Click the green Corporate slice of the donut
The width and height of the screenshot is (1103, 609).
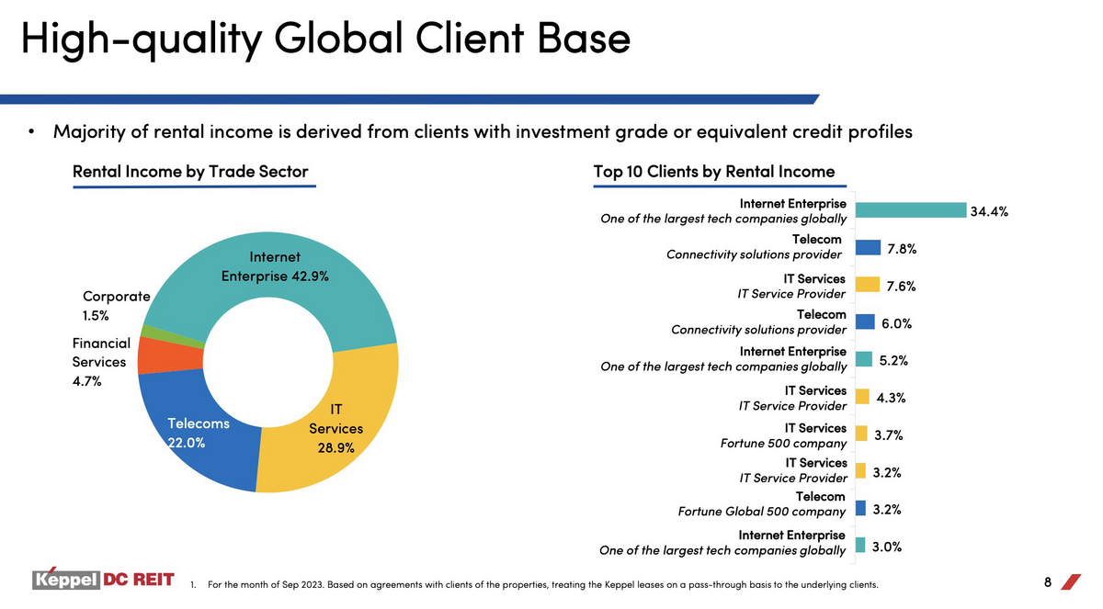tap(173, 336)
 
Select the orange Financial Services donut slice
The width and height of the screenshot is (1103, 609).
tap(170, 356)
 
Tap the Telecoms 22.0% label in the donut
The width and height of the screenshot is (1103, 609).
tap(198, 433)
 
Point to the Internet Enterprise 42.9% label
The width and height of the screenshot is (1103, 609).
tap(275, 266)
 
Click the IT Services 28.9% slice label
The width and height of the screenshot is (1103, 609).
tap(335, 428)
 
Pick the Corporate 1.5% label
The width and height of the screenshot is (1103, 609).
tap(116, 306)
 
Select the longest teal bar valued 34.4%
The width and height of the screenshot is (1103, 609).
tap(911, 210)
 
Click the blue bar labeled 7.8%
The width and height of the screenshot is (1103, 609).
tap(868, 247)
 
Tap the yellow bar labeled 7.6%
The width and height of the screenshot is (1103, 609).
tap(868, 285)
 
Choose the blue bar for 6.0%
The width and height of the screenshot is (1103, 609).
tap(865, 321)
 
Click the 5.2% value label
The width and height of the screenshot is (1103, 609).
tap(893, 361)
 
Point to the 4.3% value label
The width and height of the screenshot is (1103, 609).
tap(891, 398)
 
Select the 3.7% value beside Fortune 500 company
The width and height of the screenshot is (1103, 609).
tap(888, 434)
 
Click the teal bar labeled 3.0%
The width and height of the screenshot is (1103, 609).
tap(860, 545)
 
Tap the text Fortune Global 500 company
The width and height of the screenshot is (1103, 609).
tap(761, 512)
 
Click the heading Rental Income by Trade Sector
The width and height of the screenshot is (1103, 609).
tap(190, 172)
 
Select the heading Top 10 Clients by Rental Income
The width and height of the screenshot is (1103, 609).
tap(714, 172)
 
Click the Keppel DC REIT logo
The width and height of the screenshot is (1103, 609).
tap(103, 579)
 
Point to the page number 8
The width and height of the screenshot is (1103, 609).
tap(1047, 582)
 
